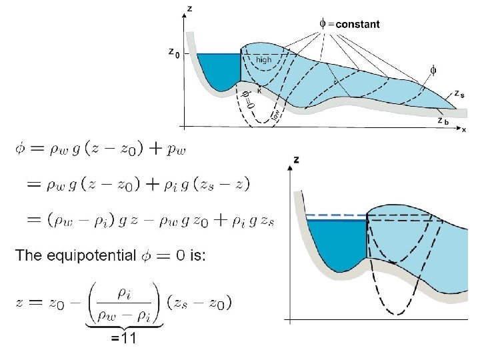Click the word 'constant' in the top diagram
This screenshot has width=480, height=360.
(x=358, y=24)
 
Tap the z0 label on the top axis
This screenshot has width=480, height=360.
(x=173, y=52)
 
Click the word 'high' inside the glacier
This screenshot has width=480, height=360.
(x=264, y=59)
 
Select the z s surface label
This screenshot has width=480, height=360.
(x=460, y=94)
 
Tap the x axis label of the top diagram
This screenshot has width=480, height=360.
(x=464, y=129)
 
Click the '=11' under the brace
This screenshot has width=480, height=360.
(x=123, y=338)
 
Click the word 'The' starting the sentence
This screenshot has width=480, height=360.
(x=29, y=255)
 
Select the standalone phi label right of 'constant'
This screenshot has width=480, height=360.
(x=433, y=69)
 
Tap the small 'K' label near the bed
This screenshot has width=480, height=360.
(x=259, y=91)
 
